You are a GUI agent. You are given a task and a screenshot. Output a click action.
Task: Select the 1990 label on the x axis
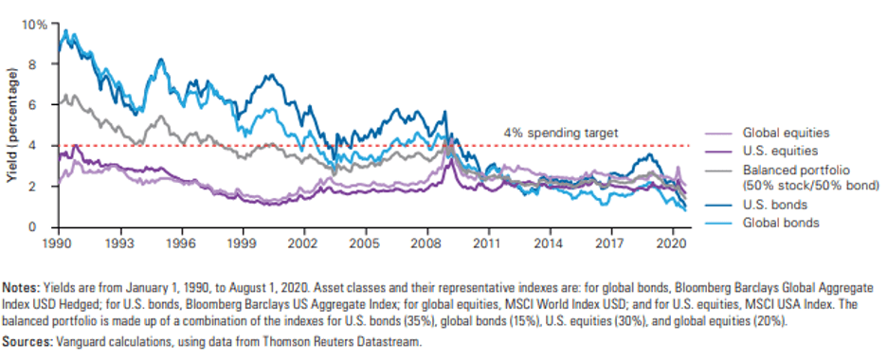tap(59, 239)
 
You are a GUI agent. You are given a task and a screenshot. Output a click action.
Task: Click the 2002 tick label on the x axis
tap(304, 239)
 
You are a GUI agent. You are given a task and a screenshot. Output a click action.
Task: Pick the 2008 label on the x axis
tap(427, 239)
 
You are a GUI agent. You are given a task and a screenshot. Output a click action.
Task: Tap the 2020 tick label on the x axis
tap(672, 239)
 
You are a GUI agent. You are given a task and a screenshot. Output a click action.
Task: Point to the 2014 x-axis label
tap(550, 239)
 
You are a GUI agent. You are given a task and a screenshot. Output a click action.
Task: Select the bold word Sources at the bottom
tap(22, 341)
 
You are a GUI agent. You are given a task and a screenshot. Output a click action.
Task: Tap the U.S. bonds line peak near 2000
tap(272, 75)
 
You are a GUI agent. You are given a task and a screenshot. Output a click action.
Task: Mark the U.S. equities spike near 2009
tap(450, 159)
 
